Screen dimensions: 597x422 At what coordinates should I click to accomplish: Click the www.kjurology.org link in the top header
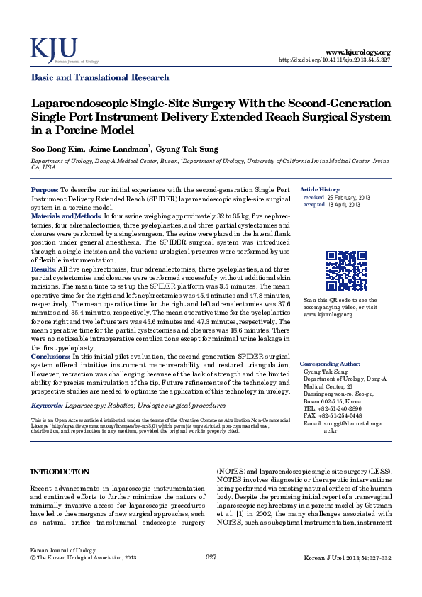(x=357, y=52)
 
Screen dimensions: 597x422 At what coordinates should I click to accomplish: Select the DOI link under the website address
(x=335, y=60)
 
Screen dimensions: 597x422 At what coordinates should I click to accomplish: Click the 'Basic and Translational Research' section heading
(x=99, y=77)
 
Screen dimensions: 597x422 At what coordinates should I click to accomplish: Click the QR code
(x=347, y=272)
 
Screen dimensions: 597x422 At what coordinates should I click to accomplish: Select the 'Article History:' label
(x=321, y=189)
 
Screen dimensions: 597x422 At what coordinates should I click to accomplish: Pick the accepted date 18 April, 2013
(x=344, y=204)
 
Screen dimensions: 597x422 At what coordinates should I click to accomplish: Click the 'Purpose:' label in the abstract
(x=45, y=191)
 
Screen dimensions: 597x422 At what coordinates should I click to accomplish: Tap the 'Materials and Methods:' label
(x=67, y=214)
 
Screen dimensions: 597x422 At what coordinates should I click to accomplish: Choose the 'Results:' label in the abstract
(x=44, y=269)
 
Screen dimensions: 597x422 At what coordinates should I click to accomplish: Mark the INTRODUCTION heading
(x=60, y=472)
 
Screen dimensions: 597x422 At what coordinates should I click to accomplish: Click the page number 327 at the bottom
(x=211, y=578)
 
